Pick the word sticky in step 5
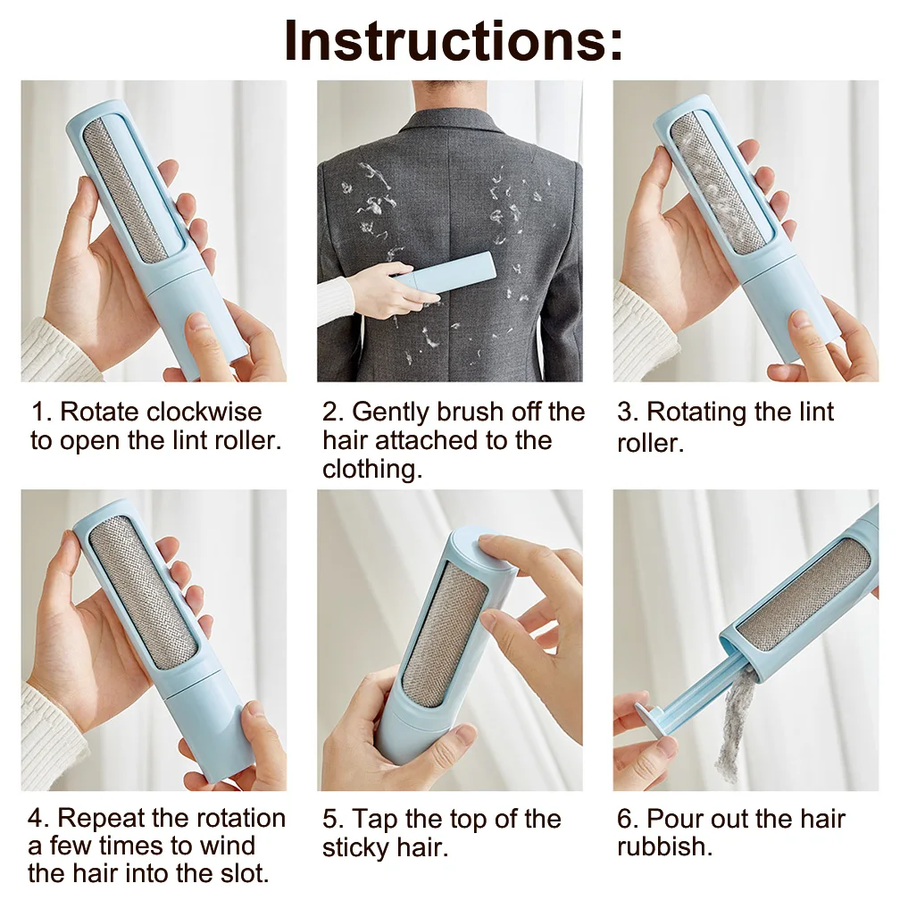point(354,848)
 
